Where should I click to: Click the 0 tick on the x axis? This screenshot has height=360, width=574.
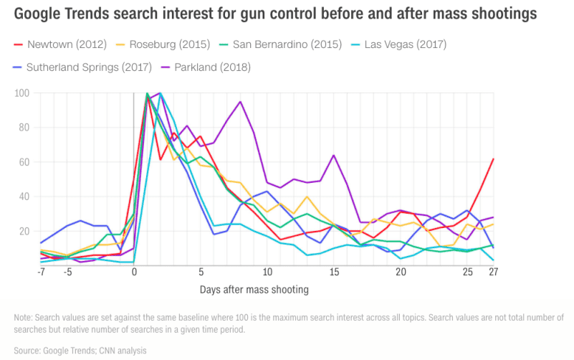click(134, 273)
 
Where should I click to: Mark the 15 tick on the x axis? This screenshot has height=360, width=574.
click(333, 273)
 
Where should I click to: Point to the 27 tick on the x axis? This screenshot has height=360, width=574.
click(493, 273)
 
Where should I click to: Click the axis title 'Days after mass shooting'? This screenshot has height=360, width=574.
click(254, 290)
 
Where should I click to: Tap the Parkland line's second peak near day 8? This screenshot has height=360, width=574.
click(240, 102)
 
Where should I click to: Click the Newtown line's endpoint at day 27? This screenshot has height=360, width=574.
click(494, 158)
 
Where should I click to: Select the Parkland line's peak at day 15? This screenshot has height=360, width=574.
click(333, 155)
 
